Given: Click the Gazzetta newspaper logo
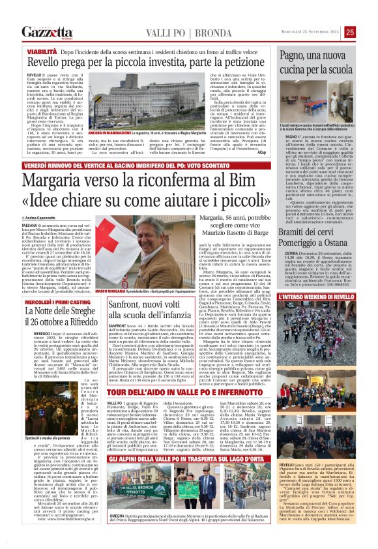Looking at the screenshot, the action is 46,32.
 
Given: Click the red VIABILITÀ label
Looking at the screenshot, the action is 42,50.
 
